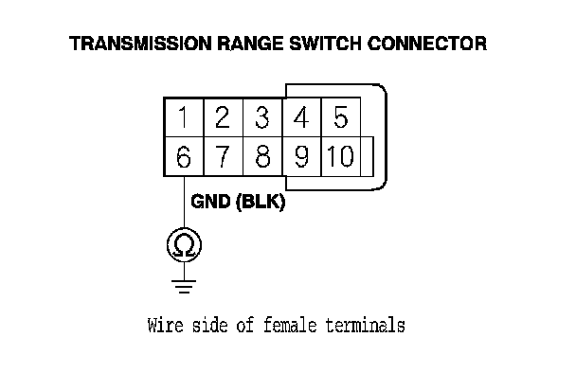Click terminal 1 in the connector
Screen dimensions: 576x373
click(x=184, y=117)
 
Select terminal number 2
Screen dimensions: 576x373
click(x=223, y=117)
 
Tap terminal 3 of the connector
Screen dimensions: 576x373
click(x=262, y=117)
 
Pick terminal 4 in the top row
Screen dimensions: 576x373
click(x=301, y=117)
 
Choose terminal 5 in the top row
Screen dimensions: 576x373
click(x=341, y=117)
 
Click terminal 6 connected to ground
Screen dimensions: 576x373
click(x=184, y=157)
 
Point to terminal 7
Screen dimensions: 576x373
click(x=223, y=157)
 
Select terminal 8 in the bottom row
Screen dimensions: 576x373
click(x=262, y=157)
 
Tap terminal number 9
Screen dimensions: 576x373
click(x=301, y=157)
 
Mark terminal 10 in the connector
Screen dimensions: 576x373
click(x=341, y=157)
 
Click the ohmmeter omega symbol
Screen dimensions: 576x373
click(x=184, y=245)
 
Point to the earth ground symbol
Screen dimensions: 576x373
click(x=184, y=287)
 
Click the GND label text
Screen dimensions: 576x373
click(x=211, y=202)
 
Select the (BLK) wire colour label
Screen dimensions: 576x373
click(x=261, y=202)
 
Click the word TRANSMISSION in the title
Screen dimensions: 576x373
click(x=140, y=44)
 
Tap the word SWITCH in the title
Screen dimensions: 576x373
click(x=326, y=44)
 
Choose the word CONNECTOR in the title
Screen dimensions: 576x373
click(x=427, y=44)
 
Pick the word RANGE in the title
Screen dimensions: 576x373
click(x=250, y=44)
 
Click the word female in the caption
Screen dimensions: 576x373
click(x=290, y=326)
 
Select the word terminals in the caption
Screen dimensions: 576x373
click(x=366, y=326)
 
